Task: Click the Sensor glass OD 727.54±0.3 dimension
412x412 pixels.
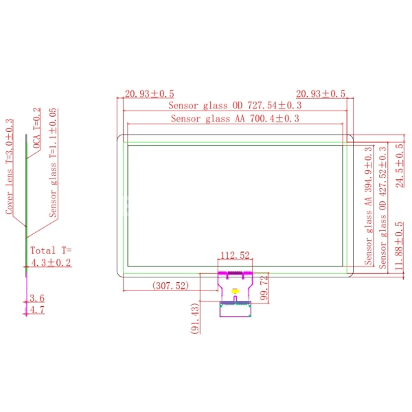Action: pos(235,106)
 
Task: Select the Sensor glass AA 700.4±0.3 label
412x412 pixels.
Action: pos(235,119)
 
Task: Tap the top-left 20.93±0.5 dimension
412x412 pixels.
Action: pos(149,94)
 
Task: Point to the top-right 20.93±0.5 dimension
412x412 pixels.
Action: pos(321,94)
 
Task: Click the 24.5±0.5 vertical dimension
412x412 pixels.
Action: pos(400,165)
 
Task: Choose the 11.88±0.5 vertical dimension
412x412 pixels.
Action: pos(399,246)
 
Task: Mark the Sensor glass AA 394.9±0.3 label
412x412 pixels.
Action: pos(368,206)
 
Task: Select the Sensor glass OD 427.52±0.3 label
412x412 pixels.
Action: pos(383,207)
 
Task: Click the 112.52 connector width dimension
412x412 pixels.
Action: pos(235,255)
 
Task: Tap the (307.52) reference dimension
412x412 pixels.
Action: pos(170,286)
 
